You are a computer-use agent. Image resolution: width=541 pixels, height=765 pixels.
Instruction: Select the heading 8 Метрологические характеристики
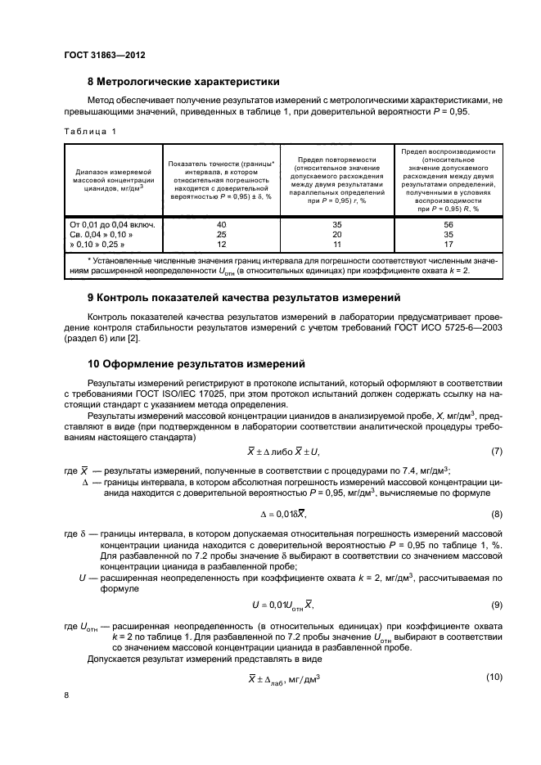click(x=183, y=82)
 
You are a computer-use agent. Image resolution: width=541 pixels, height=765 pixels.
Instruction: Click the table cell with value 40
click(x=220, y=224)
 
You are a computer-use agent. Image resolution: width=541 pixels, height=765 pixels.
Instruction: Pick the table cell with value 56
click(x=447, y=224)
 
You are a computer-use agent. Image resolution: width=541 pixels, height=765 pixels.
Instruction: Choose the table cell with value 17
click(x=447, y=244)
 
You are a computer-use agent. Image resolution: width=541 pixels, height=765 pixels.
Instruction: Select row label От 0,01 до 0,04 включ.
click(x=113, y=224)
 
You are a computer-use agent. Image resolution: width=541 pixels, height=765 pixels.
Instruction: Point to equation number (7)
click(x=496, y=452)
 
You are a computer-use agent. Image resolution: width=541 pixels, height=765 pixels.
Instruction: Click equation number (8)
click(x=496, y=514)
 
